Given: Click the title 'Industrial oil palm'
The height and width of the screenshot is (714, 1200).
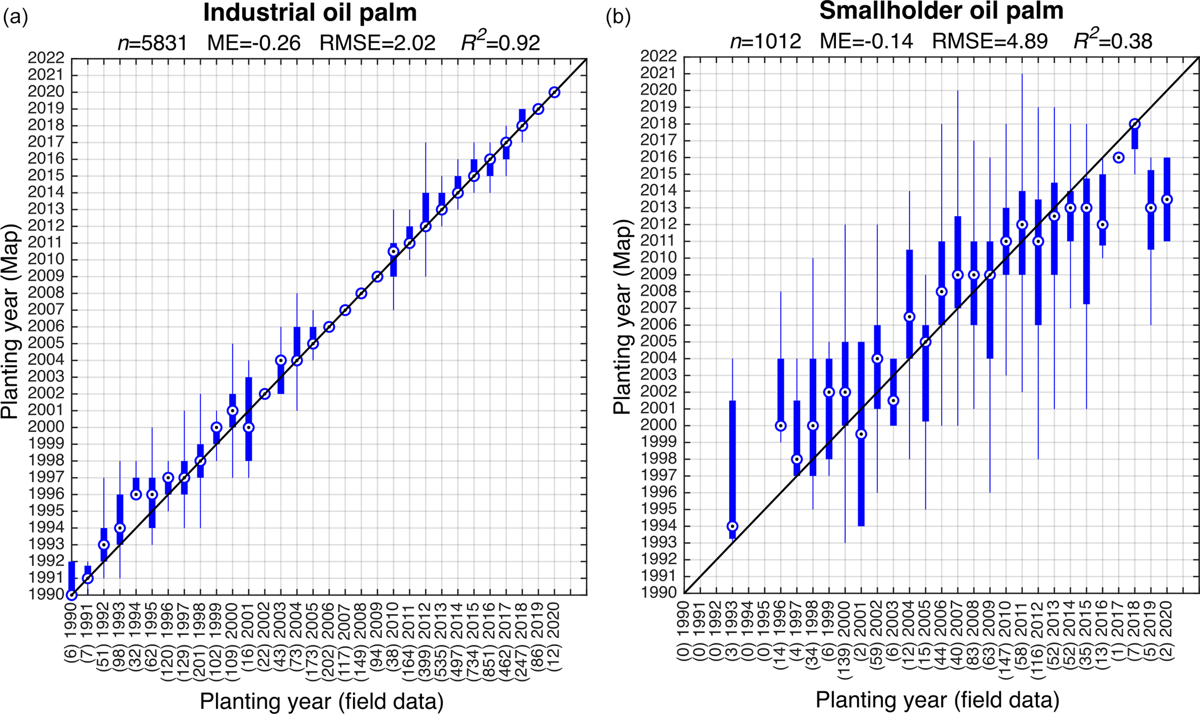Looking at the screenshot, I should click(309, 13).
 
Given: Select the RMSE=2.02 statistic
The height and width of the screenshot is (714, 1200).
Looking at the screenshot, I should click(377, 42).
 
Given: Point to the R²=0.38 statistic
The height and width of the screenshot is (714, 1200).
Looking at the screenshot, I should click(1112, 41).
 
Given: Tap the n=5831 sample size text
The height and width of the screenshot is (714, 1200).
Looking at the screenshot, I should click(152, 42).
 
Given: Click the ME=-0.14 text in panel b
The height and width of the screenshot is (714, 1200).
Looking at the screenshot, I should click(866, 41).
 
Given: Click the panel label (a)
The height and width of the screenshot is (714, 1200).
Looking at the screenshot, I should click(15, 17).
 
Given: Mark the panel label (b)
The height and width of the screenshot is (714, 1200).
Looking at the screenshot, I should click(618, 17).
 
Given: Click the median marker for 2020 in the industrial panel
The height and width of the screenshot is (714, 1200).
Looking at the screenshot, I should click(554, 92).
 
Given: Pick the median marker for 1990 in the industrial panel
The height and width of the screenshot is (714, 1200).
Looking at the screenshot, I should click(71, 595).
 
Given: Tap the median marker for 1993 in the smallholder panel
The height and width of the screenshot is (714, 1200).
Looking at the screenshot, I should click(733, 526).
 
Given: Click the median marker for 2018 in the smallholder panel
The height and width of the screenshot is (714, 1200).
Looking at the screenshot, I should click(1135, 124).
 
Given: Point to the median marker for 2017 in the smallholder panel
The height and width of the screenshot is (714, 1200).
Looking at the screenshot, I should click(1119, 157).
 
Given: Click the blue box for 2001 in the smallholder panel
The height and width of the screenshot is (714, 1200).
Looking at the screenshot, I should click(862, 465).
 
